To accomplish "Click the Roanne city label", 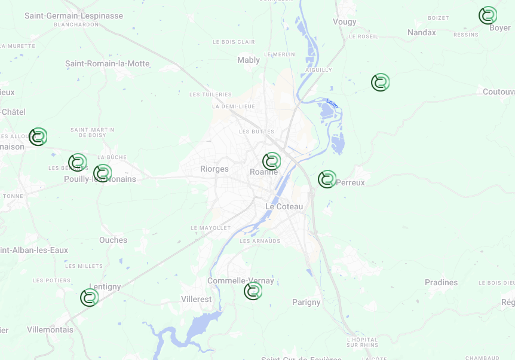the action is click(x=263, y=173).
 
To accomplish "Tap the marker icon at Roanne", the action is click(x=271, y=161).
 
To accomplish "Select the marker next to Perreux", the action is click(x=327, y=179).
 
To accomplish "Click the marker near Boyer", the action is click(x=488, y=16).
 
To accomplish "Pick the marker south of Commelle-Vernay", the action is click(x=253, y=291).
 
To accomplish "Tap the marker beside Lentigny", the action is click(x=89, y=297).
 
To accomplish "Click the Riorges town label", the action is click(x=214, y=169).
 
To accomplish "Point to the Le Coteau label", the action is click(x=284, y=207).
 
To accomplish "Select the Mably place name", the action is click(x=249, y=60).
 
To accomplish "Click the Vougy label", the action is click(x=345, y=22).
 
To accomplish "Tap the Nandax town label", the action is click(x=422, y=33).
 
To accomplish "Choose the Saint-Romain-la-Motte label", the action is click(x=108, y=64).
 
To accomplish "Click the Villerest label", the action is click(x=196, y=299).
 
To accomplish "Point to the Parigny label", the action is click(x=306, y=303).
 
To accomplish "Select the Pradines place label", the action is click(x=441, y=283).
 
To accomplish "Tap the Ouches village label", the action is click(x=114, y=240).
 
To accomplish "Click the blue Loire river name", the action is click(x=332, y=103).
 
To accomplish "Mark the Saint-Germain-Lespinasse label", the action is click(x=74, y=16).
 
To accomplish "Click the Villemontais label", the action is click(x=50, y=330).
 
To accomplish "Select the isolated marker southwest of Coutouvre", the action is click(x=380, y=83).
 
